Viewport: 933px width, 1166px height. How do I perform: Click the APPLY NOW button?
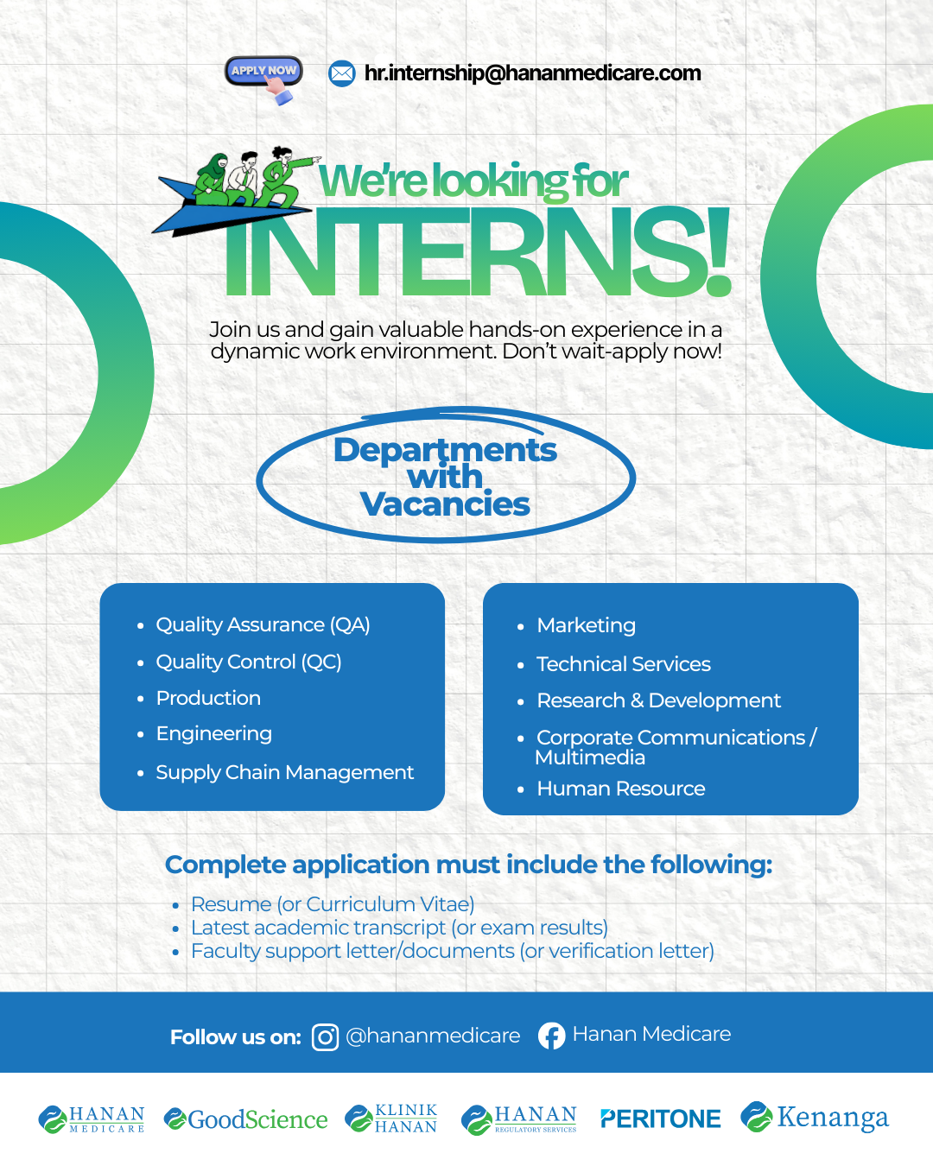pyautogui.click(x=263, y=71)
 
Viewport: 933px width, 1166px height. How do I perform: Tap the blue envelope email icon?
pyautogui.click(x=341, y=73)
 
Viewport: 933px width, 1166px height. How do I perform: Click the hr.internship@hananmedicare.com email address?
pyautogui.click(x=532, y=73)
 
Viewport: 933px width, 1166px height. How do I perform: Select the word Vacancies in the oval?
pyautogui.click(x=445, y=504)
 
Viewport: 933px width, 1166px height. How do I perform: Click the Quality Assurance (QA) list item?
pyautogui.click(x=263, y=625)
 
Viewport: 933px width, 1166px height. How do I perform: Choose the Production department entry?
pyautogui.click(x=208, y=698)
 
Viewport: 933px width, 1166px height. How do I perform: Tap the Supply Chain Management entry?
pyautogui.click(x=284, y=773)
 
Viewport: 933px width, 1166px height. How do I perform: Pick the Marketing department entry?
pyautogui.click(x=586, y=626)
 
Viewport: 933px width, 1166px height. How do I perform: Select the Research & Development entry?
pyautogui.click(x=658, y=700)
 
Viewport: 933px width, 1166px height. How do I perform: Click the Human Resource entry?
pyautogui.click(x=621, y=789)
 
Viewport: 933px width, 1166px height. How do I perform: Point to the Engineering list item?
pyautogui.click(x=214, y=734)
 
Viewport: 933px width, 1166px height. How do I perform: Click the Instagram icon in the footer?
pyautogui.click(x=326, y=1037)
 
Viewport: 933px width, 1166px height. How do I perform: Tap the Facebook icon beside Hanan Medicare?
pyautogui.click(x=551, y=1036)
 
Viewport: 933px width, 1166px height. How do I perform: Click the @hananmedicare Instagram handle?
pyautogui.click(x=433, y=1036)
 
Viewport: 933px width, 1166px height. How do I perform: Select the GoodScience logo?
pyautogui.click(x=245, y=1119)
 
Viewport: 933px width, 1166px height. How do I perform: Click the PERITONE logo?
pyautogui.click(x=660, y=1118)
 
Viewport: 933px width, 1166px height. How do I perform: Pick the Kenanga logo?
pyautogui.click(x=815, y=1118)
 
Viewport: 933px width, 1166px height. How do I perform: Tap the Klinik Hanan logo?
pyautogui.click(x=390, y=1119)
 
